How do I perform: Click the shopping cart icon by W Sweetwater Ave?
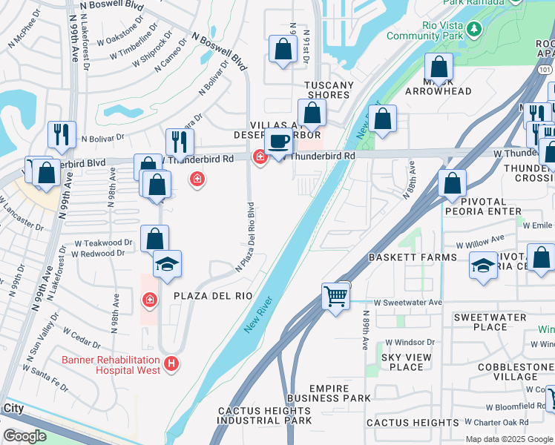[336, 297]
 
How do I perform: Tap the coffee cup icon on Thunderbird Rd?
[278, 141]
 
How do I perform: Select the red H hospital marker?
[171, 363]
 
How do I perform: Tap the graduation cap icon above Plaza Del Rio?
[167, 264]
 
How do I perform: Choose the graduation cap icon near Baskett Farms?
[483, 266]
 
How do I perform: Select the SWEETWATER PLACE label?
[480, 322]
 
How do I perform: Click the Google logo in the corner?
[24, 436]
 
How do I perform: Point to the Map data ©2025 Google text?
[510, 439]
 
